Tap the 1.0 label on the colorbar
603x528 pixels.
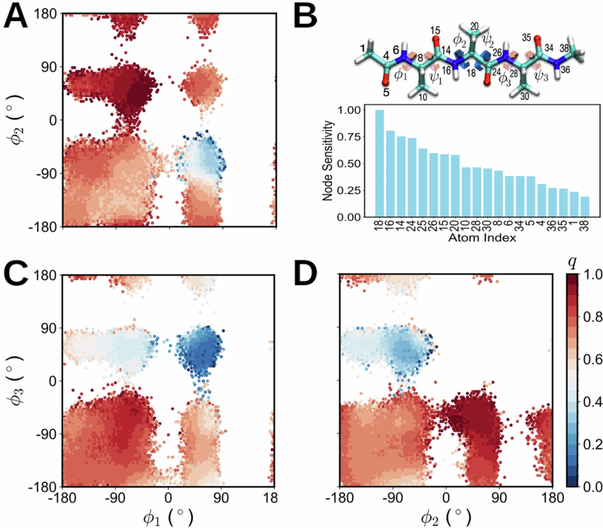point(591,275)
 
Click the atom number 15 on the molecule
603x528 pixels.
point(435,30)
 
